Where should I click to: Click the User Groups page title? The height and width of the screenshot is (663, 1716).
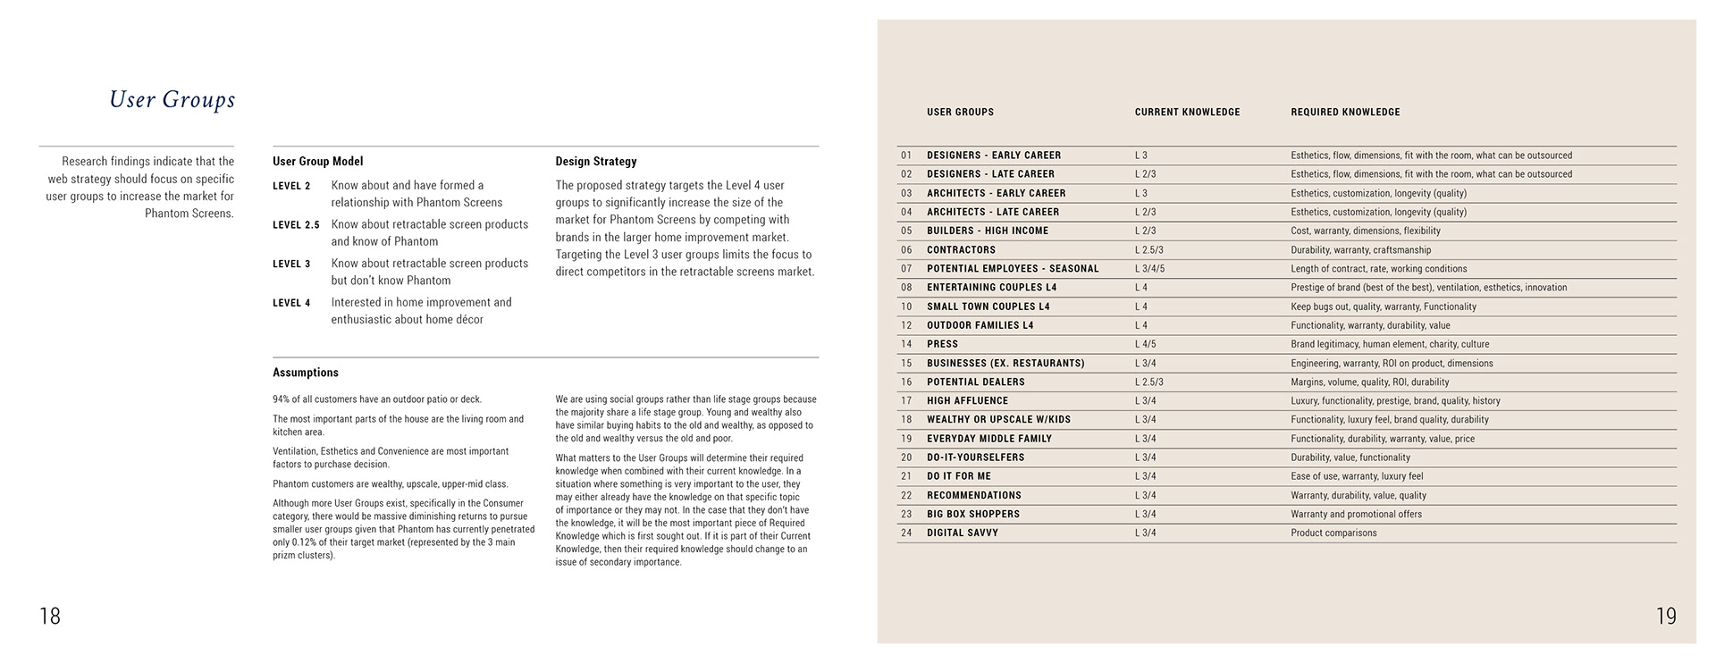point(172,99)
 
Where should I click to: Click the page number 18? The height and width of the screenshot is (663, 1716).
point(50,616)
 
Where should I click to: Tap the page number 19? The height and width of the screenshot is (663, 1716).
point(1666,616)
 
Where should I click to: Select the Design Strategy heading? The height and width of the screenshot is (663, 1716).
point(596,162)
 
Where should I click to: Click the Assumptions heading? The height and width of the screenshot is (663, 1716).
point(306,373)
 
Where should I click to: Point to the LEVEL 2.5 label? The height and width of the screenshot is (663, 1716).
point(296,225)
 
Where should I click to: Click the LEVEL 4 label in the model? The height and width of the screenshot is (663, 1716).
point(291,303)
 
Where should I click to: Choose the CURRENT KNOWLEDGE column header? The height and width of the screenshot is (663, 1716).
point(1187,113)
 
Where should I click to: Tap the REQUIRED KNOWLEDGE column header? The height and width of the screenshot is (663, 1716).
point(1345,113)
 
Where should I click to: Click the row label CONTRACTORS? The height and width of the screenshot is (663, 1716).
point(961,250)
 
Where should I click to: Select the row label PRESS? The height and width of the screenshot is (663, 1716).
point(942,344)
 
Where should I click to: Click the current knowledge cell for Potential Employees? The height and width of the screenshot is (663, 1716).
point(1149,269)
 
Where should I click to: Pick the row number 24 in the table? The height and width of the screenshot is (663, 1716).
point(906,533)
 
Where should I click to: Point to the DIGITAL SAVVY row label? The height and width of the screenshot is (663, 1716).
point(963,533)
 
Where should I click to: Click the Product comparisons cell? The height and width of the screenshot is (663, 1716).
point(1333,533)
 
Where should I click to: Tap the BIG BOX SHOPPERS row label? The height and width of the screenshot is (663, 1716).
point(972,515)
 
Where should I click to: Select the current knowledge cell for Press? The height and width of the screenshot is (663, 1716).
point(1145,344)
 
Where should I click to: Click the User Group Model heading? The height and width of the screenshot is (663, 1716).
point(317,162)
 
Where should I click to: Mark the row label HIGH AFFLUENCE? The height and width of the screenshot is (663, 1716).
point(967,401)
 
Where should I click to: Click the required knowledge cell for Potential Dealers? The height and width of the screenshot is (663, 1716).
point(1357,382)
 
